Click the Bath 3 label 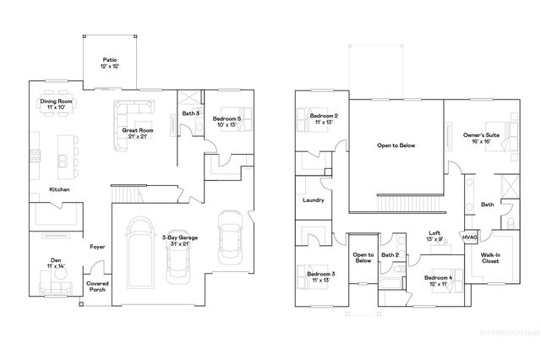[x=190, y=112]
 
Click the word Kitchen [x=59, y=189]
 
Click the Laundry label [x=314, y=200]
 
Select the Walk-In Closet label [x=490, y=258]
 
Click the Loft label [x=434, y=237]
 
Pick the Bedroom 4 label [x=439, y=281]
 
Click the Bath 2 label [x=390, y=254]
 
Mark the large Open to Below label [x=396, y=145]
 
